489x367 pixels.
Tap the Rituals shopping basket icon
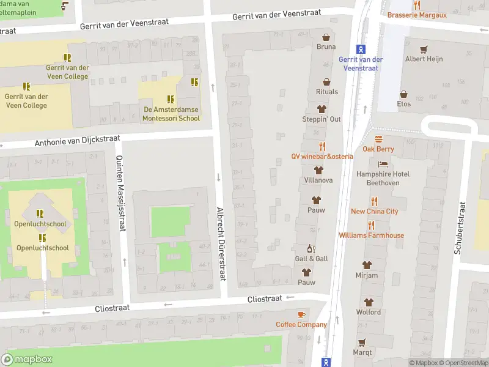click(326, 81)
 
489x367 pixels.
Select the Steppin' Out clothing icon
click(322, 108)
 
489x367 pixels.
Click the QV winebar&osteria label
click(322, 156)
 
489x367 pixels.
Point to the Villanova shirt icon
click(318, 170)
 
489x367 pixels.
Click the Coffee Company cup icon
click(301, 314)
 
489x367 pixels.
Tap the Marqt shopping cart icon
click(362, 342)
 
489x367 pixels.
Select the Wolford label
click(369, 312)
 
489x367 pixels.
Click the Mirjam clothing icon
click(367, 265)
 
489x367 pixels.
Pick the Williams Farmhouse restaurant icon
click(372, 225)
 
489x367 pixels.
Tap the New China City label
click(374, 211)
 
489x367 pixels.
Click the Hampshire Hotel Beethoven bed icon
click(383, 164)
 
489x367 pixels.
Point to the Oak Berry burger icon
click(378, 139)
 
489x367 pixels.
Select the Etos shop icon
click(403, 94)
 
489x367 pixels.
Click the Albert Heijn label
click(424, 59)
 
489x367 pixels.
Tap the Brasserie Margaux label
click(417, 15)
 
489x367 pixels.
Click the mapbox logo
click(27, 360)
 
